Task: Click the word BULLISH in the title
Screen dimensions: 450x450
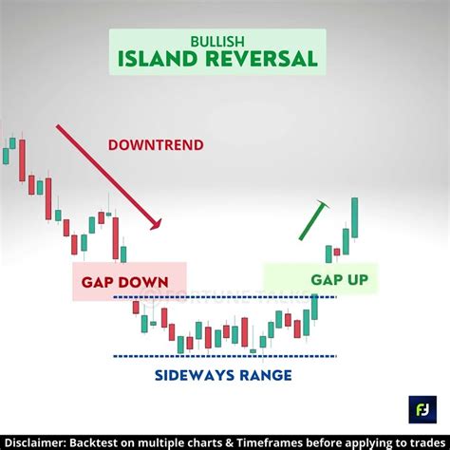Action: pos(217,41)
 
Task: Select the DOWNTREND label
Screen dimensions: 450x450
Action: pos(155,145)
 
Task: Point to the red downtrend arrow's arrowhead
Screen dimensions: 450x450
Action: pos(157,224)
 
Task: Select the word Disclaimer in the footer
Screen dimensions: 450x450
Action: pos(37,441)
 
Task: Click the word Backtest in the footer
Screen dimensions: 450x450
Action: pos(111,441)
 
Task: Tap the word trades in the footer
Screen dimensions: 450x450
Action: pos(424,441)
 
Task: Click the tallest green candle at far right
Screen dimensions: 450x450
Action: pos(354,218)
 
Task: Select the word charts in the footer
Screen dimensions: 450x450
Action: pos(211,441)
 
